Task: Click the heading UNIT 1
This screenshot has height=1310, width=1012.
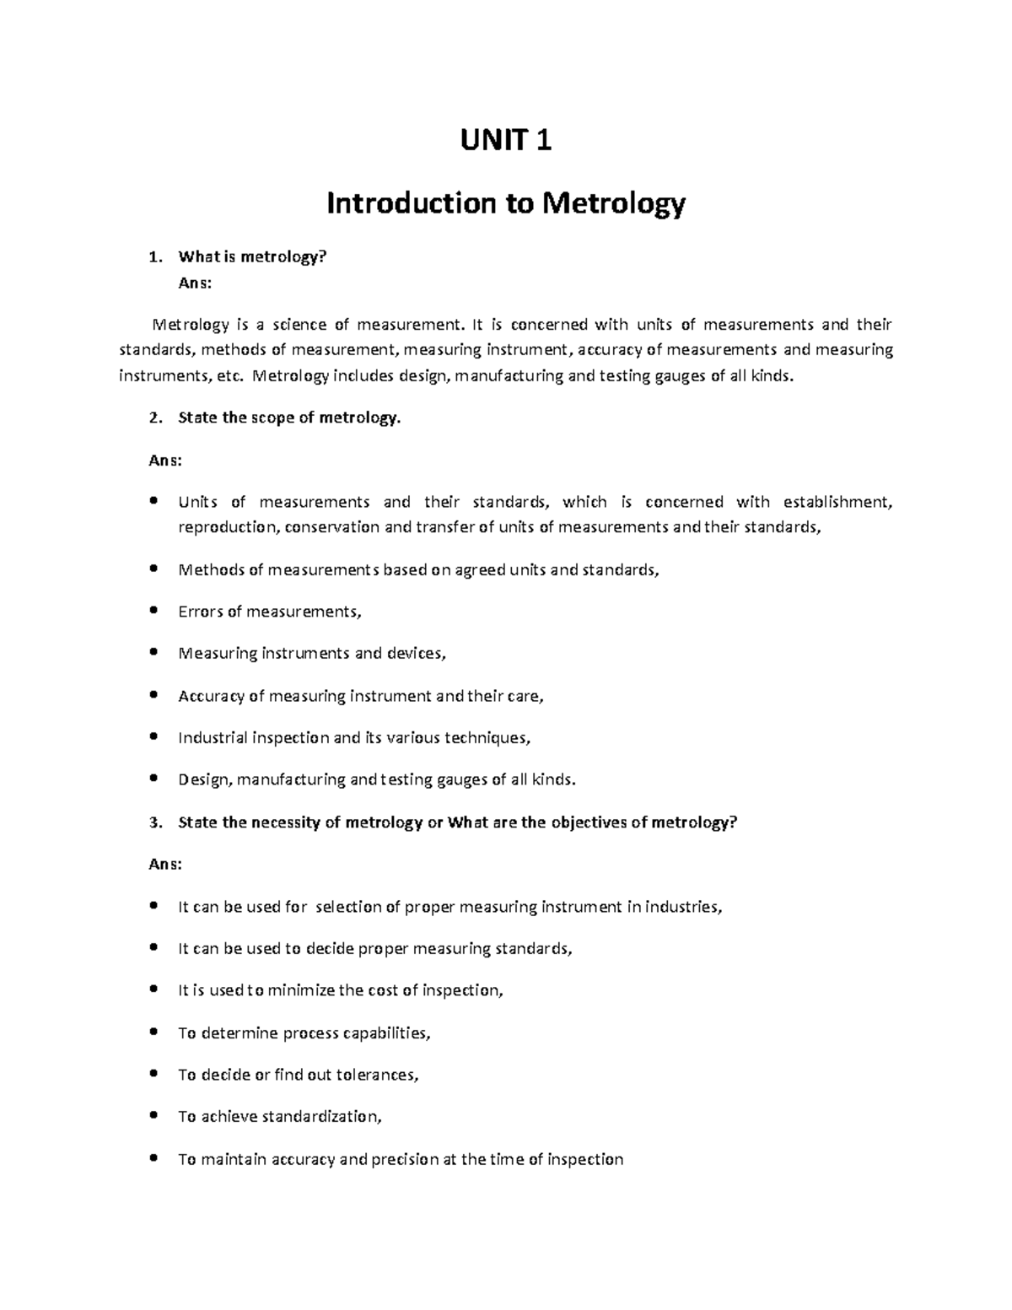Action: coord(505,140)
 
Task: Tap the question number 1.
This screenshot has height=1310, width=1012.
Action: coord(152,257)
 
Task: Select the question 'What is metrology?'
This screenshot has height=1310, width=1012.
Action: coord(251,257)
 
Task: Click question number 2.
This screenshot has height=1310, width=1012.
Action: coord(152,418)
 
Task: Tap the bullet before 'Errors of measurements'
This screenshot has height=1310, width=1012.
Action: coord(153,611)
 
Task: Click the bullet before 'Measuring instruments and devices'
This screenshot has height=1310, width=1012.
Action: coord(153,653)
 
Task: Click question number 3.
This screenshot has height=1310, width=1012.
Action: coord(152,822)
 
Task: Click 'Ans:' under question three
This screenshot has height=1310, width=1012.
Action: coord(164,865)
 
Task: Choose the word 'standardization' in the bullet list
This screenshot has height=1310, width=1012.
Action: coord(321,1118)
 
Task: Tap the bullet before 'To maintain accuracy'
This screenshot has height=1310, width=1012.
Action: coord(153,1159)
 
